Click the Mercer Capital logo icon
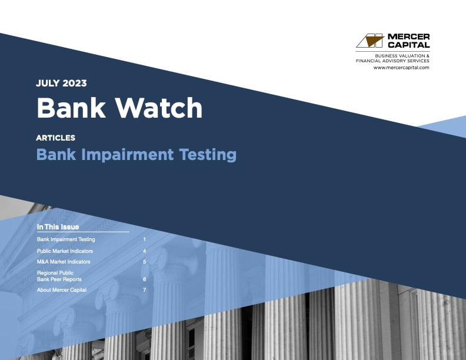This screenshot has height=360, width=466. pos(370,41)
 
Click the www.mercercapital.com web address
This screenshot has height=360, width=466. pos(401,68)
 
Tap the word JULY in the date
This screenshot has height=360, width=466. pos(48,84)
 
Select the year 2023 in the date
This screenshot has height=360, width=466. pos(74,84)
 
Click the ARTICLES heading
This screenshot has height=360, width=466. pos(55,138)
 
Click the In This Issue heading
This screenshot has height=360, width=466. pos(58,227)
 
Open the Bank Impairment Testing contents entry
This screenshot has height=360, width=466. pos(66,240)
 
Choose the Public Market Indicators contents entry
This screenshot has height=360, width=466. pos(65,251)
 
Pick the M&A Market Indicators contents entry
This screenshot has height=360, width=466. pos(64,262)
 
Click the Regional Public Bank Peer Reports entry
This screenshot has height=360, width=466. pos(59,276)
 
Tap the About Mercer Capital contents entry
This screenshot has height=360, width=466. pos(62,290)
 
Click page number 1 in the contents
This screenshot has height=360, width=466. pos(144,240)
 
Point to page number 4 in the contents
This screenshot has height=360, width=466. pos(144,251)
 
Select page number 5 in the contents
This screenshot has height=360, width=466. pos(144,262)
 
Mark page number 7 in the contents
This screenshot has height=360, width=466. pos(144,290)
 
